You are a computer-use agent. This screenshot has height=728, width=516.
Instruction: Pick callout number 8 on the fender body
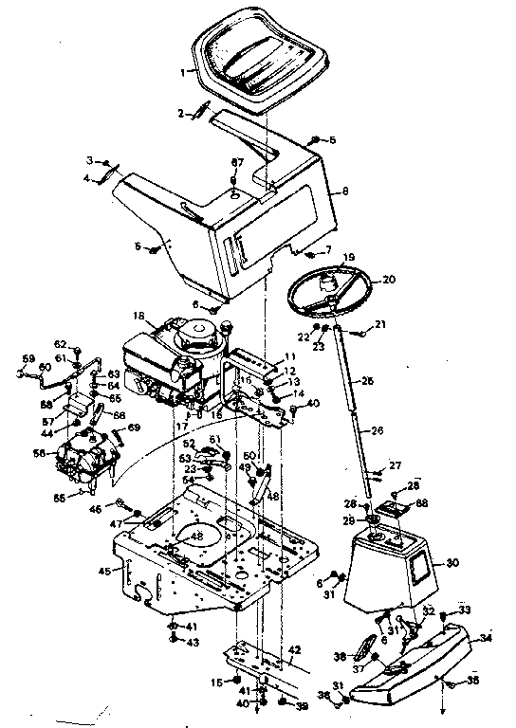click(x=345, y=191)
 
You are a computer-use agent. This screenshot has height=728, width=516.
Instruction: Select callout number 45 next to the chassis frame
click(x=103, y=570)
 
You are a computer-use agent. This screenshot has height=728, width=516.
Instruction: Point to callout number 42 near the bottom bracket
click(x=294, y=649)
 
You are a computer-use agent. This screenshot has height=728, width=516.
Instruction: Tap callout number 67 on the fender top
click(x=237, y=162)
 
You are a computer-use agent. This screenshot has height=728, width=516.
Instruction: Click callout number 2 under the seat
click(x=180, y=113)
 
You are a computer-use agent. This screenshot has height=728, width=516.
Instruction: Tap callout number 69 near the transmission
click(x=133, y=428)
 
